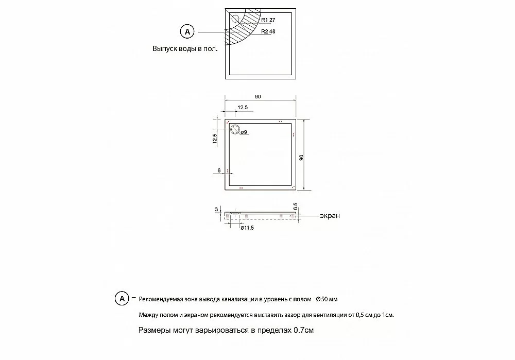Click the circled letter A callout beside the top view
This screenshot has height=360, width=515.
187,32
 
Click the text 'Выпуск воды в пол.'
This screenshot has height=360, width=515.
185,49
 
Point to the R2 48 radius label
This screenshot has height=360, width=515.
269,31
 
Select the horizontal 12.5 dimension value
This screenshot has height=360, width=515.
243,107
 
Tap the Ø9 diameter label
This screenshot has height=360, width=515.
244,132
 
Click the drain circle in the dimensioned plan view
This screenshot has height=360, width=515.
235,130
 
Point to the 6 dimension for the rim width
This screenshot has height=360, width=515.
219,170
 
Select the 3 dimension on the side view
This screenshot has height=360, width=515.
217,210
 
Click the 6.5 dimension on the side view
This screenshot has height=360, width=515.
295,207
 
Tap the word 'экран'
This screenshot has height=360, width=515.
330,216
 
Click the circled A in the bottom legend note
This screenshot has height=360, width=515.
122,299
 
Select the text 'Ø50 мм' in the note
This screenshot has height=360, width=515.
327,299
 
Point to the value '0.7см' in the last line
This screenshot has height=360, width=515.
303,330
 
